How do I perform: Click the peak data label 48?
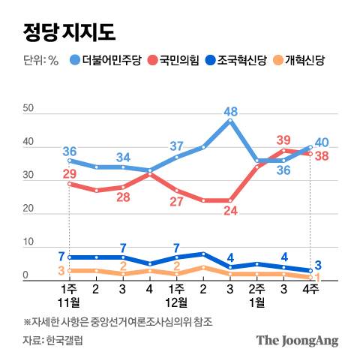point(231,110)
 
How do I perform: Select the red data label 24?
point(230,211)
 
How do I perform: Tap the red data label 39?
point(283,140)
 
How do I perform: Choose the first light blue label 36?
point(70,150)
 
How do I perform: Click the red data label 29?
point(70,174)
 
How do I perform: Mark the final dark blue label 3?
point(319,264)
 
